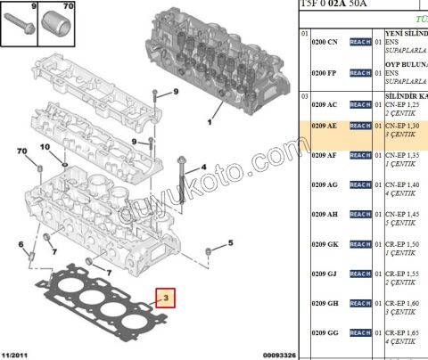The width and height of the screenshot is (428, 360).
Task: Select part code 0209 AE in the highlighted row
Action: click(x=325, y=127)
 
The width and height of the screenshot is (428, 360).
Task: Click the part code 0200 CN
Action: click(x=325, y=42)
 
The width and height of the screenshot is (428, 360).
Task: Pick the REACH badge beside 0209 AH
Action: click(x=360, y=214)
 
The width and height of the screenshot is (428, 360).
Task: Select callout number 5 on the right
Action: click(x=230, y=242)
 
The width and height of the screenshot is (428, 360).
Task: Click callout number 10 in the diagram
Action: click(x=44, y=146)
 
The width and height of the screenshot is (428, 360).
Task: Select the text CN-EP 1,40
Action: click(x=404, y=184)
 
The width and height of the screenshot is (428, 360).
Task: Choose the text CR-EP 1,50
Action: click(x=404, y=243)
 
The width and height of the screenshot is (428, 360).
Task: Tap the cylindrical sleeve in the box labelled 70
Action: click(x=62, y=24)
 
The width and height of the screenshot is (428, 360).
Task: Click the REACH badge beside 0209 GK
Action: click(x=360, y=243)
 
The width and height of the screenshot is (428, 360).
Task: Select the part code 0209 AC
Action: click(x=325, y=104)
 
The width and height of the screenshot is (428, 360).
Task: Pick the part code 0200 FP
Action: click(x=325, y=71)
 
